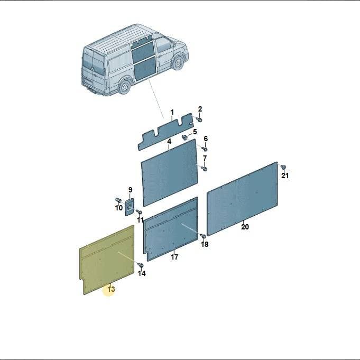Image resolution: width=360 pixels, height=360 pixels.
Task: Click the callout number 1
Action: coord(172,113)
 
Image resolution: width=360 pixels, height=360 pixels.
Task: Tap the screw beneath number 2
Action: coord(199,119)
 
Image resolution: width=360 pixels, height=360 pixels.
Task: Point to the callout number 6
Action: coord(206,139)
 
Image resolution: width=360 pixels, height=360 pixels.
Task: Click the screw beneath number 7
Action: coord(205,169)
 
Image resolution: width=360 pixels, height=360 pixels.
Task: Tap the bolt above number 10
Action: coord(118,200)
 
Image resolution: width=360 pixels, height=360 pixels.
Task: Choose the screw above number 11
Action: coord(139,211)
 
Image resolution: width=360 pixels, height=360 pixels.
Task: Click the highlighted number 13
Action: coord(111,289)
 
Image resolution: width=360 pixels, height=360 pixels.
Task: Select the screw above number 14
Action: coord(141,265)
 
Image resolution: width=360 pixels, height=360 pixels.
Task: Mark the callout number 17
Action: coord(174,257)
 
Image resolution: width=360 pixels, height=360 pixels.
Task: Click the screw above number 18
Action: coord(203,236)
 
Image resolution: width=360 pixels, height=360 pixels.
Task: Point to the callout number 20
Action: coord(245,227)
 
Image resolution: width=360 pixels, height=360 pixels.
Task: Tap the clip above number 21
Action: coord(283,167)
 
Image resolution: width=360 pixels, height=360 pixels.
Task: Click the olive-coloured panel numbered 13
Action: coord(107,260)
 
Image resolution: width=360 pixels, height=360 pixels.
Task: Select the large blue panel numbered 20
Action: coord(243,199)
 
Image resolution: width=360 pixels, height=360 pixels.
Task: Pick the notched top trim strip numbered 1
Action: coord(166,132)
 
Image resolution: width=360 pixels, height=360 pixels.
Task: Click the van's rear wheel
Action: coord(125,87)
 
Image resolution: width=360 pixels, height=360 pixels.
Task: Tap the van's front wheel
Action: coord(178,62)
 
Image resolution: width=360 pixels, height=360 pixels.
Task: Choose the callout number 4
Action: coord(169,142)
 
